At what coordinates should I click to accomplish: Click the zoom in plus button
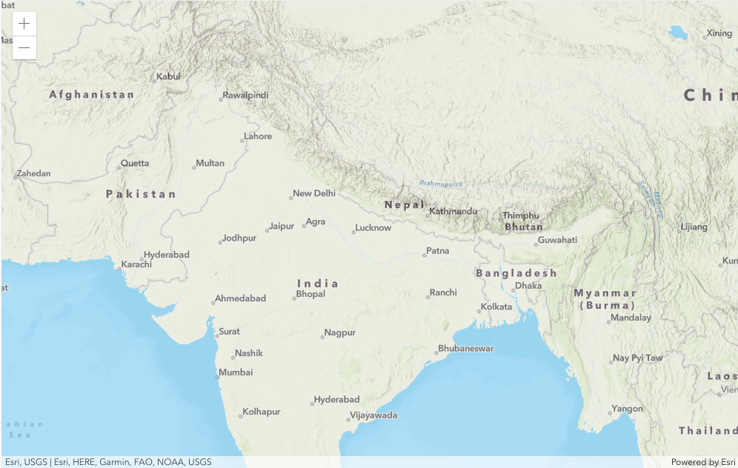pyautogui.click(x=24, y=24)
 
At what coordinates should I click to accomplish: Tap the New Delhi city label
pyautogui.click(x=314, y=193)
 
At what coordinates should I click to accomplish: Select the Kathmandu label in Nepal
pyautogui.click(x=453, y=211)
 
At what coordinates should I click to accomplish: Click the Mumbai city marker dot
pyautogui.click(x=217, y=377)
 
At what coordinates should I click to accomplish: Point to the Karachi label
pyautogui.click(x=136, y=264)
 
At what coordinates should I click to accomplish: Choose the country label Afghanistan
pyautogui.click(x=92, y=95)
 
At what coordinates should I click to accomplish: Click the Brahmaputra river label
pyautogui.click(x=441, y=183)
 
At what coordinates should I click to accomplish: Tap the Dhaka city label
pyautogui.click(x=528, y=285)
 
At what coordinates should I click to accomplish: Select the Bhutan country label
pyautogui.click(x=524, y=227)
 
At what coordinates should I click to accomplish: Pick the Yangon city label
pyautogui.click(x=628, y=409)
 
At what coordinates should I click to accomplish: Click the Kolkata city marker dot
pyautogui.click(x=479, y=310)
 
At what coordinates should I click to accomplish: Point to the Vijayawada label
pyautogui.click(x=373, y=415)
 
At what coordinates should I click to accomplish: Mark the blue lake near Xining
pyautogui.click(x=678, y=33)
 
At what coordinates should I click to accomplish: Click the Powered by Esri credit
pyautogui.click(x=702, y=462)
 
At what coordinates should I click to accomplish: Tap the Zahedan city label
pyautogui.click(x=34, y=174)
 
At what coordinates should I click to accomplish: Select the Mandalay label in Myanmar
pyautogui.click(x=631, y=318)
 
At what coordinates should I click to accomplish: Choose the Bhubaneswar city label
pyautogui.click(x=466, y=348)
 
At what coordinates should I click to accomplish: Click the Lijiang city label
pyautogui.click(x=694, y=227)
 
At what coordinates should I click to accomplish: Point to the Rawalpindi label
pyautogui.click(x=246, y=96)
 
